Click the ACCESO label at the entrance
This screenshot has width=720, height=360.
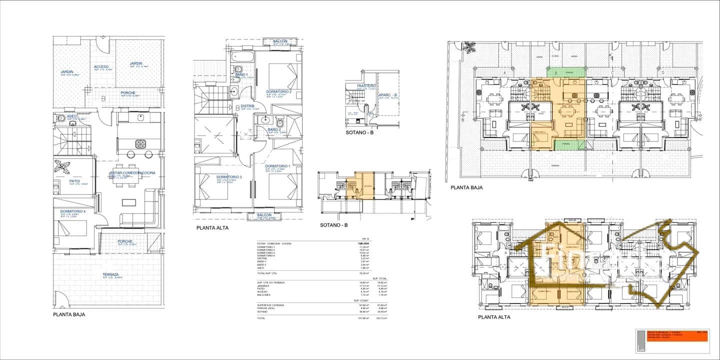coord(101,66)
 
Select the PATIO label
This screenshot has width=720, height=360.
coord(75,181)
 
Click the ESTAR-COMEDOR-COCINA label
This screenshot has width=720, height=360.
coord(133,173)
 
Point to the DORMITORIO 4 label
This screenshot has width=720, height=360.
coord(73,211)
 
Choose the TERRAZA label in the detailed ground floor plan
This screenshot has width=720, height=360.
coord(110,274)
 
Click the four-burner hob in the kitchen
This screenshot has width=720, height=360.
coord(141,144)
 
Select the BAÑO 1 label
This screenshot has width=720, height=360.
coord(241,74)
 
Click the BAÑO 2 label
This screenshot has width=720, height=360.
coord(274,129)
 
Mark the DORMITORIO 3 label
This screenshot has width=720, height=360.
coord(229,177)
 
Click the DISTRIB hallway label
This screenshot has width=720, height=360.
coord(247,106)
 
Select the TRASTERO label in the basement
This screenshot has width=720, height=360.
coord(366,86)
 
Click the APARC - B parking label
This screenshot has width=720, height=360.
coord(387,95)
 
